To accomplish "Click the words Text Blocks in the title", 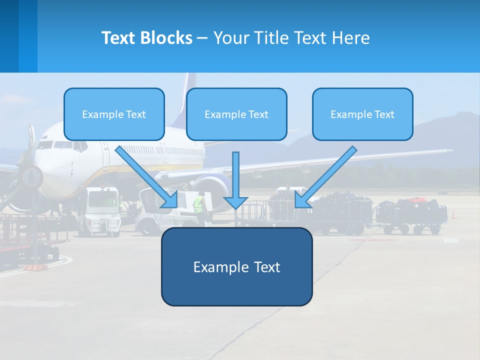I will tap(146, 38).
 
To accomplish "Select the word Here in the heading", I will tap(350, 38).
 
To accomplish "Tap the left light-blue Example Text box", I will tap(114, 114).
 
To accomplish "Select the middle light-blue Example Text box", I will tap(236, 114).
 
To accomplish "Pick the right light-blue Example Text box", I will tap(362, 114).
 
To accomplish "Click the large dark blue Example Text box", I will tap(236, 267).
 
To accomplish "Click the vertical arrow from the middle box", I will tap(235, 180).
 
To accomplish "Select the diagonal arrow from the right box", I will tap(325, 177).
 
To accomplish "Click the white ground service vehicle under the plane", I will tap(103, 210).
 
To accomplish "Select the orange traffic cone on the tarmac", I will tap(453, 214).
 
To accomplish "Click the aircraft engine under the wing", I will tap(212, 190).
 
